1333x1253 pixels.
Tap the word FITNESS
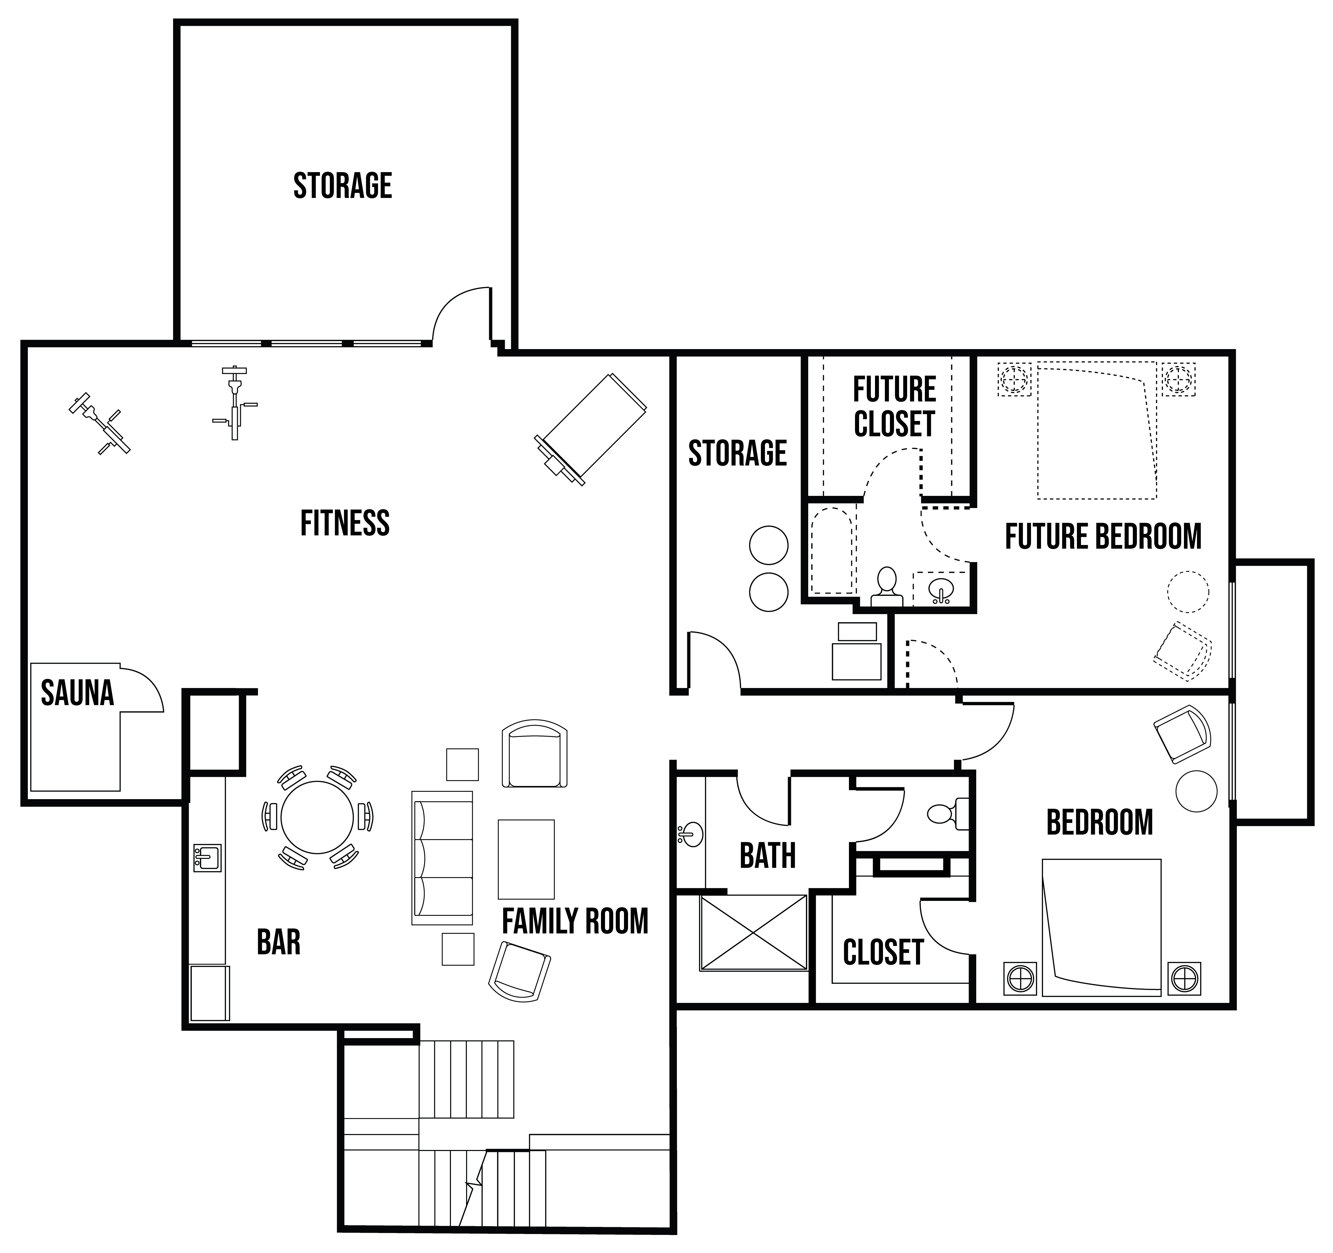click(345, 523)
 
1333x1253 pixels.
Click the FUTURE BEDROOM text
click(1103, 537)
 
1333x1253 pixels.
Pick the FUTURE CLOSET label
click(894, 407)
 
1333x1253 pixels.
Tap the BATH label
click(768, 856)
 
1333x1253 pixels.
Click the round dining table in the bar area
click(317, 817)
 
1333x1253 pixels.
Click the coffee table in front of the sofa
click(526, 859)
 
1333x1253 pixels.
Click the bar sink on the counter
click(207, 857)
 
